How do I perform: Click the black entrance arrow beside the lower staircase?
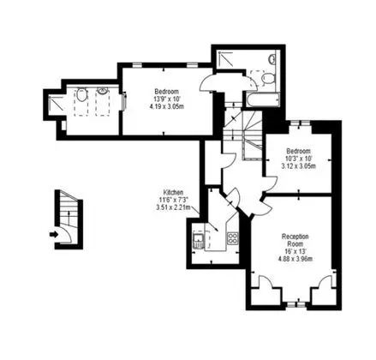coord(54,235)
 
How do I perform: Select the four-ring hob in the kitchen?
coord(232,238)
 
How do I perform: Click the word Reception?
coord(295,237)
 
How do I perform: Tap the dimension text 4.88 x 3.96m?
coord(295,259)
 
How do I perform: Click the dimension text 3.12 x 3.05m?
coord(299,166)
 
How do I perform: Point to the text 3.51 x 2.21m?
coord(173,207)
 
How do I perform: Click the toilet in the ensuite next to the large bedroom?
coord(81,94)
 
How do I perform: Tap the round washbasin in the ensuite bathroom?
coord(102,91)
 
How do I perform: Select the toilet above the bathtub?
coord(268,78)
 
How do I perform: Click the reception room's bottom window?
coord(295,304)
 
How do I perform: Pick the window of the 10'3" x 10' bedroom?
coord(300,123)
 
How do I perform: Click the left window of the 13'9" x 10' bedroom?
coord(137,64)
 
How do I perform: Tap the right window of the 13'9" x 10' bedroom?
coord(192,64)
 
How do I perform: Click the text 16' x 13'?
coord(295,252)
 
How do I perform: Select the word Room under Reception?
coord(295,244)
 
